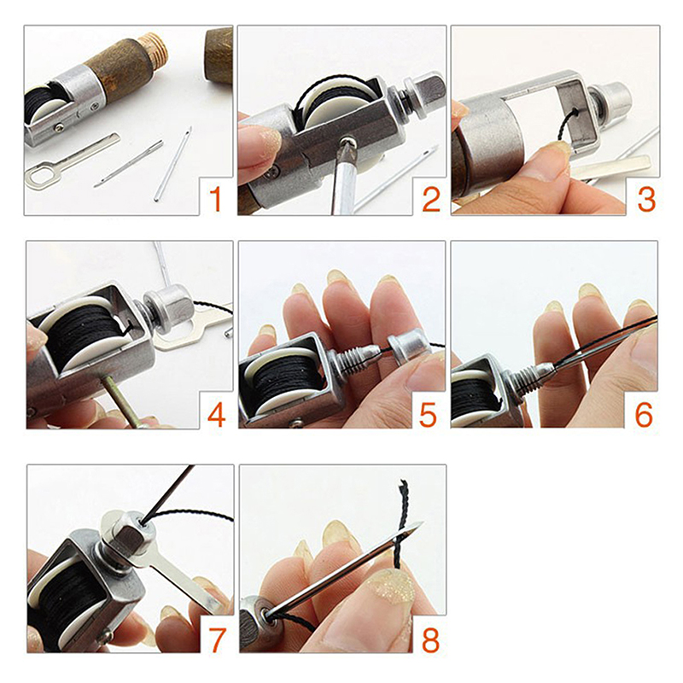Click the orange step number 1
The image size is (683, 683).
pyautogui.click(x=214, y=199)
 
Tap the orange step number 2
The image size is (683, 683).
pyautogui.click(x=430, y=199)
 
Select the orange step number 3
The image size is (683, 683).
pyautogui.click(x=645, y=199)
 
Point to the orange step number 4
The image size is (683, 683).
pyautogui.click(x=215, y=415)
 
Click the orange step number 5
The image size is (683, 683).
pyautogui.click(x=429, y=415)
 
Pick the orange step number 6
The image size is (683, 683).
pyautogui.click(x=644, y=415)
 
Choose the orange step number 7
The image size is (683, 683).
pyautogui.click(x=215, y=636)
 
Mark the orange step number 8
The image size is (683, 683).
pyautogui.click(x=429, y=636)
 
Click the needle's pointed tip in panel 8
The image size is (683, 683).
pyautogui.click(x=418, y=525)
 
